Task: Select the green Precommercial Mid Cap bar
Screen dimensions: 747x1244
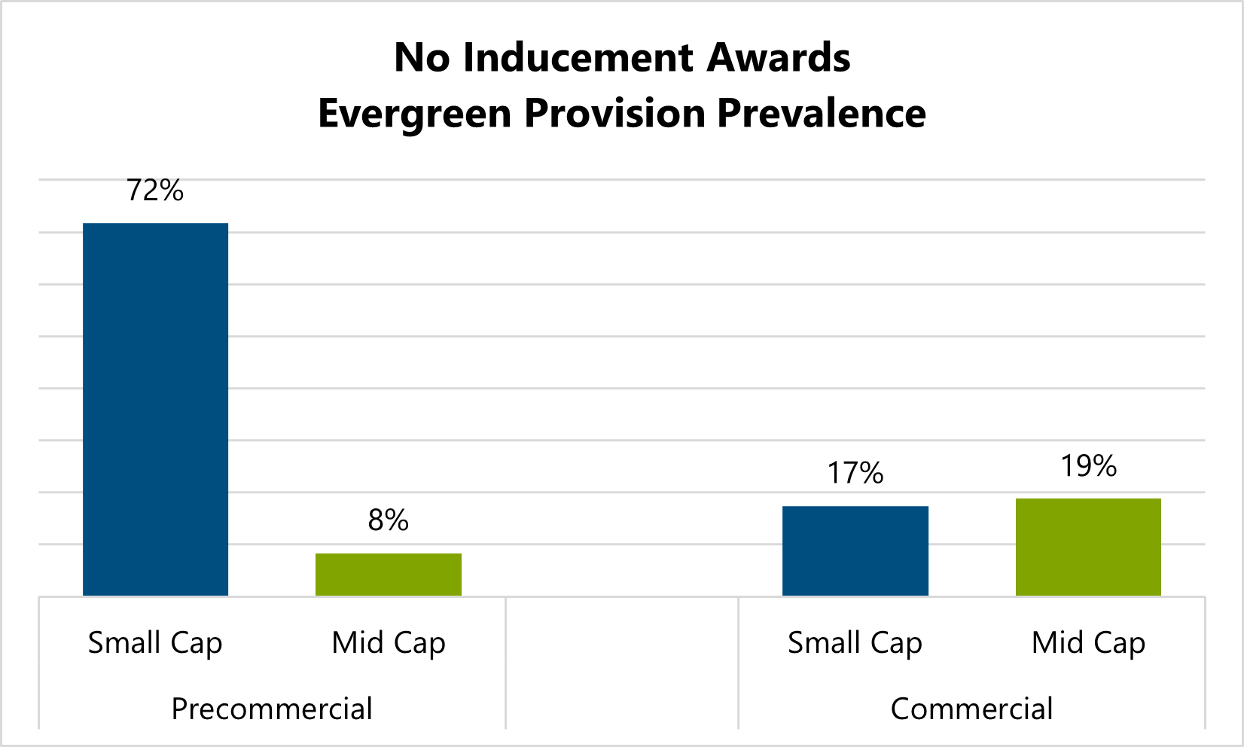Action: pyautogui.click(x=388, y=575)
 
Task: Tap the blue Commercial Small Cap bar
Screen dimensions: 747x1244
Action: pyautogui.click(x=855, y=550)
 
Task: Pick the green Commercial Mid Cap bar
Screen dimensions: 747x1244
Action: pyautogui.click(x=1088, y=547)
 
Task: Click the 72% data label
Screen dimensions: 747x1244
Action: pyautogui.click(x=155, y=191)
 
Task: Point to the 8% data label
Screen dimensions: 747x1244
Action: pyautogui.click(x=388, y=520)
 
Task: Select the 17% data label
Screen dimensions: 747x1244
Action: pyautogui.click(x=855, y=473)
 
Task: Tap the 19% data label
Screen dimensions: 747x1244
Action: pyautogui.click(x=1088, y=466)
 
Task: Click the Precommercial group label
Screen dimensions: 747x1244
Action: pyautogui.click(x=272, y=709)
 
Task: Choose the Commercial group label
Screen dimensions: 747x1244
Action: pyautogui.click(x=971, y=709)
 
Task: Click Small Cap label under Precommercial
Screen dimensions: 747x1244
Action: pyautogui.click(x=155, y=643)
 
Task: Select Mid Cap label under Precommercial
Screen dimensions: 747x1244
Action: pyautogui.click(x=389, y=643)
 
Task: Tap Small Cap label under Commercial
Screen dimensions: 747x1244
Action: pyautogui.click(x=855, y=643)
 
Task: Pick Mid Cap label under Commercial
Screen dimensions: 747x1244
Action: pyautogui.click(x=1088, y=643)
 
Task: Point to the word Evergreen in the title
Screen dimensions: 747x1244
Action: pyautogui.click(x=415, y=114)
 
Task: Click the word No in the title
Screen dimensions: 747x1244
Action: pyautogui.click(x=422, y=58)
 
